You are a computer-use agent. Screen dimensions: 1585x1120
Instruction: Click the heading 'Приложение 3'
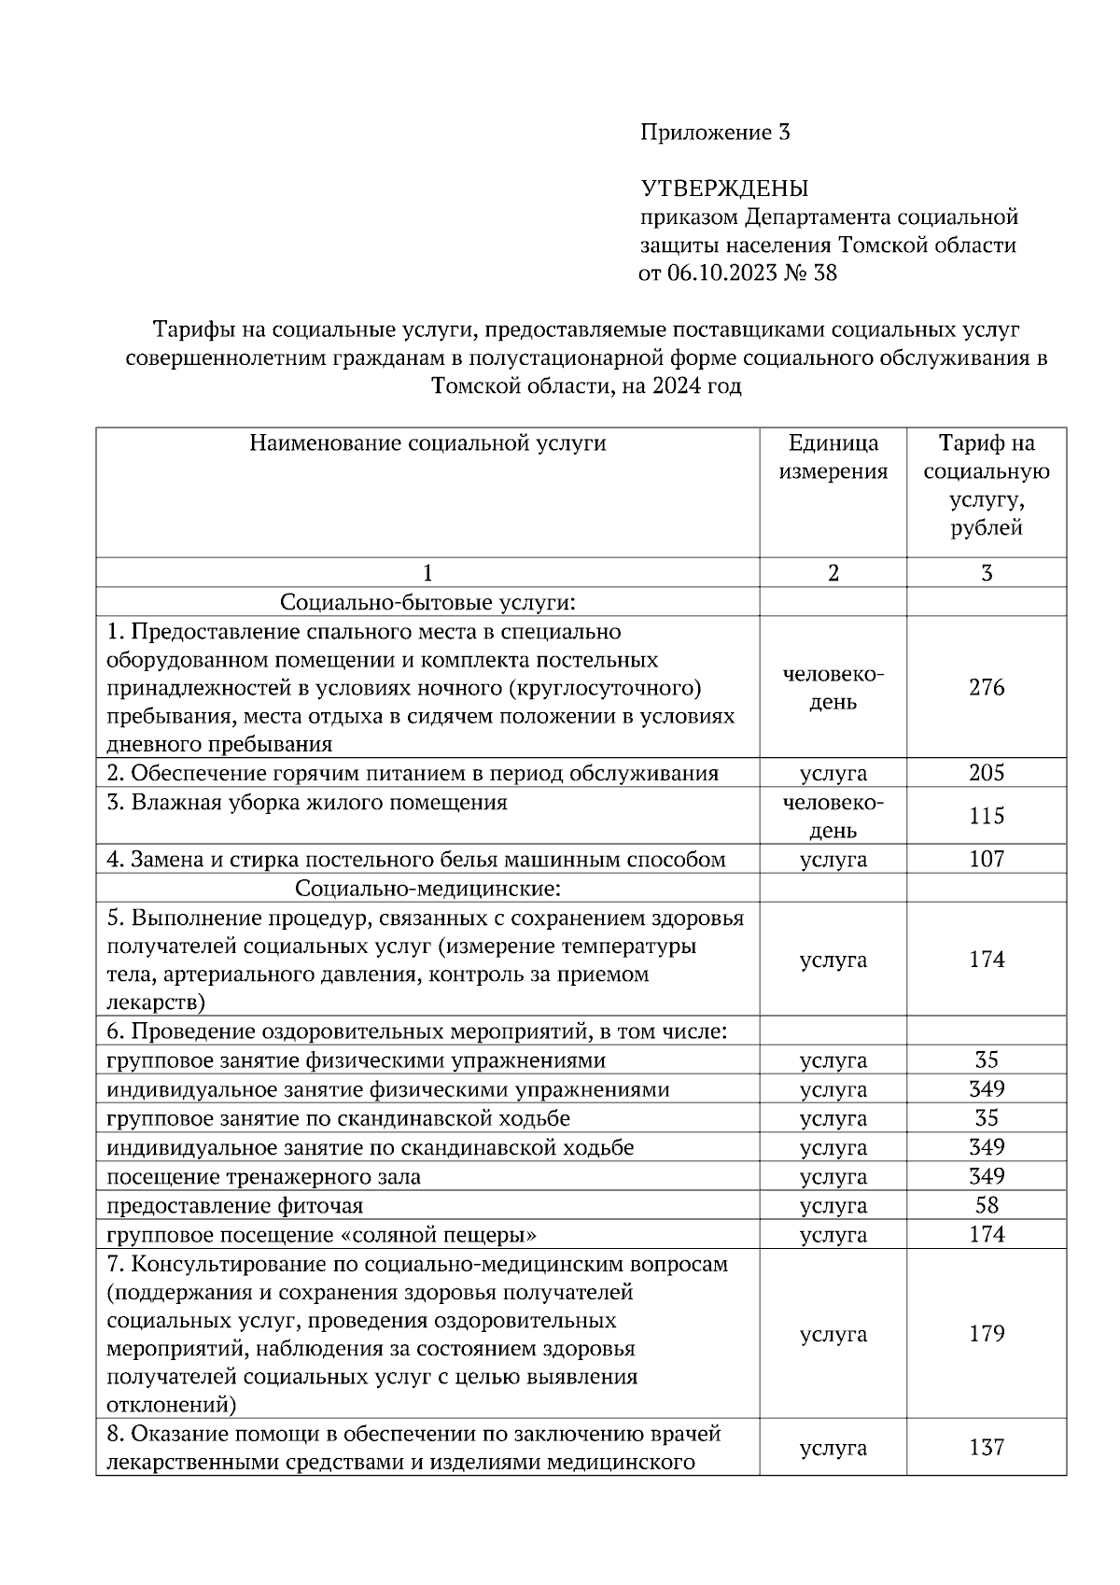pos(715,133)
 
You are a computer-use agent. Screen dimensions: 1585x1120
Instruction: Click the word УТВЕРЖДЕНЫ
pos(724,189)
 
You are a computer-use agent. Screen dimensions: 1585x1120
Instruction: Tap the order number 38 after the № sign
pos(825,273)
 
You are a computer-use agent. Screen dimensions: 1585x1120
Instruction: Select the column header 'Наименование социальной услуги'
pos(427,443)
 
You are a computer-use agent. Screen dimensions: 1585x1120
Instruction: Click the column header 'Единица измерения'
pos(833,456)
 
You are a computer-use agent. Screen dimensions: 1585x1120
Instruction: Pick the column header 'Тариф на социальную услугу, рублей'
pos(987,485)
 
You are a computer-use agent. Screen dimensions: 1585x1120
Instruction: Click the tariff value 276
pos(987,688)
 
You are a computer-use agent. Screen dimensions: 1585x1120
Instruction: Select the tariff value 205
pos(987,773)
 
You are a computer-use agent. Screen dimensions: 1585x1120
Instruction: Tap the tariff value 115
pos(987,816)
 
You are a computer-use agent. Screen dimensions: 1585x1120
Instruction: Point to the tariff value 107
pos(987,859)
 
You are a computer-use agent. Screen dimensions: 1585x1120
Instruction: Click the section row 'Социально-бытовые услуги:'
pos(427,602)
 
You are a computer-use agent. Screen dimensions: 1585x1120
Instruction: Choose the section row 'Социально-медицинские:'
pos(427,888)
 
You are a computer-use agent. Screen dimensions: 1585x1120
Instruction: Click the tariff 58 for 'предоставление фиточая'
pos(987,1205)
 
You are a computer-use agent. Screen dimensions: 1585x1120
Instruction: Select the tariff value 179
pos(987,1334)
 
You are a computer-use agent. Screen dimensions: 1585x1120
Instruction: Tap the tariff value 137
pos(987,1448)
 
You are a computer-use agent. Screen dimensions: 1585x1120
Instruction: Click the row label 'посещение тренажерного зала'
pos(263,1177)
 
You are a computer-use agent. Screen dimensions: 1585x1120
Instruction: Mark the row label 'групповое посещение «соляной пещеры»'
pos(321,1235)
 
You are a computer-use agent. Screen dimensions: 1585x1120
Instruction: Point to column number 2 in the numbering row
pos(833,573)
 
